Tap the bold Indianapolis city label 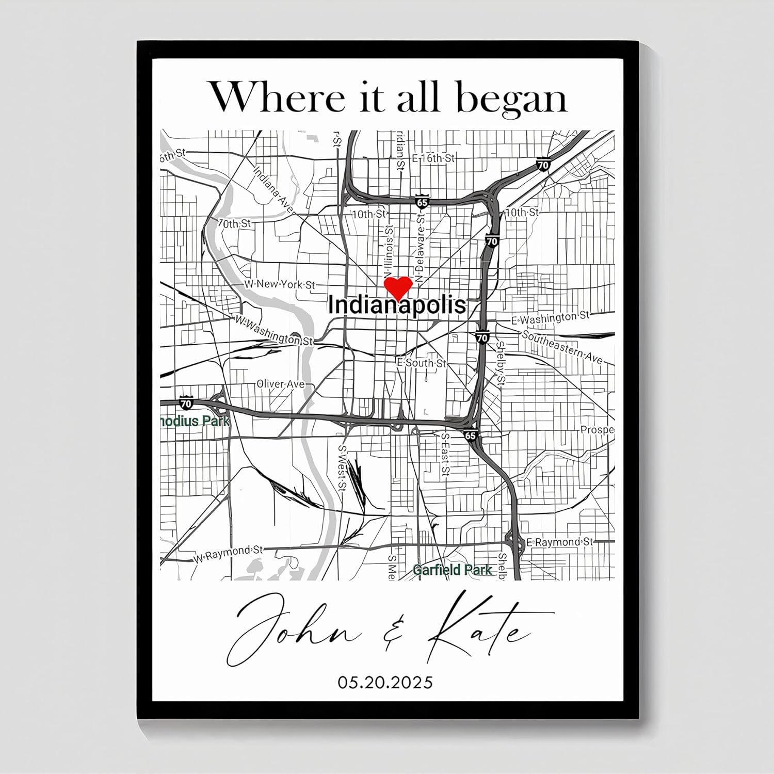397,305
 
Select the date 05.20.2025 385,682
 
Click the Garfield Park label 453,570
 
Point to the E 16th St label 433,158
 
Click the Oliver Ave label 281,384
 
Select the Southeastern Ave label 562,347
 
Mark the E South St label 422,363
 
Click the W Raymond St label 229,554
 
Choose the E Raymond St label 559,542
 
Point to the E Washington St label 550,318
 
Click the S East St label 445,454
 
